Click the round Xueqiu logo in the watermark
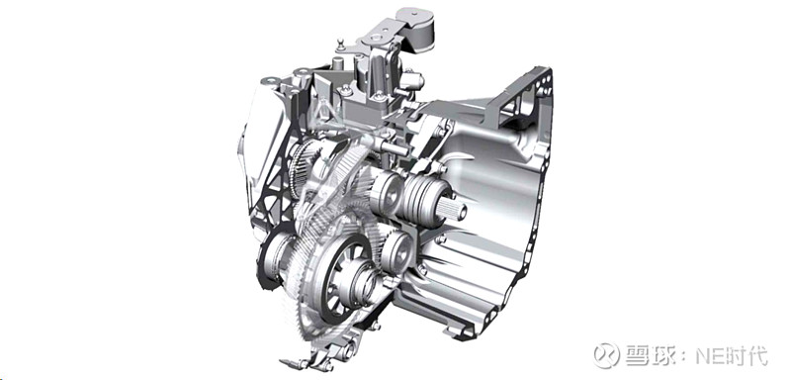point(606,355)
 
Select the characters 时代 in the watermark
point(747,356)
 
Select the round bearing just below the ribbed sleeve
point(399,250)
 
